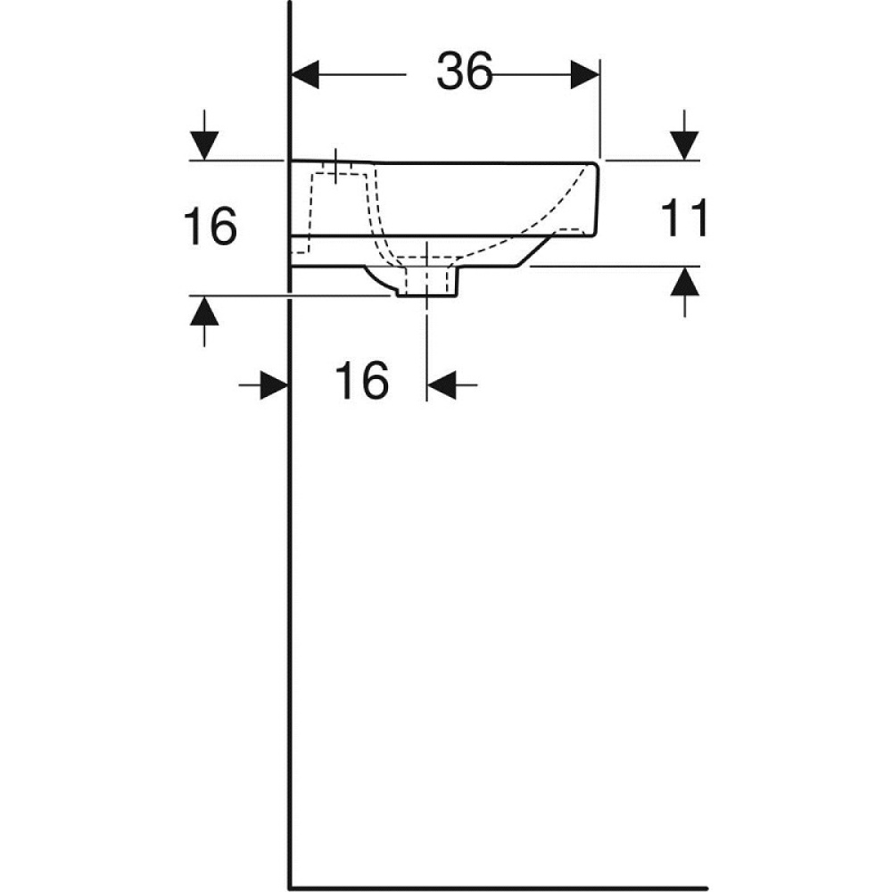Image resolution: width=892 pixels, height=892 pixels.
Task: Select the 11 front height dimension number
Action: (685, 219)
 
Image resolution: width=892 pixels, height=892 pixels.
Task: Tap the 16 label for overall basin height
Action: (210, 227)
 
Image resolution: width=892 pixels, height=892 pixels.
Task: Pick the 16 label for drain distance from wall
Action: (361, 383)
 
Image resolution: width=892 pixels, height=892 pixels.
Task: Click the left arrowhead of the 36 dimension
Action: (306, 75)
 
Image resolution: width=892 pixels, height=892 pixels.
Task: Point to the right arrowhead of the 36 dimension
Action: (585, 75)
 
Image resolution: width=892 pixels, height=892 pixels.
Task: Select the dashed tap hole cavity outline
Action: (343, 205)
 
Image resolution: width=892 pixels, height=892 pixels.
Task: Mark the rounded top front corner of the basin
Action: (593, 166)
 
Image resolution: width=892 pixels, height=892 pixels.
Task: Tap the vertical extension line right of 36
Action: (600, 107)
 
